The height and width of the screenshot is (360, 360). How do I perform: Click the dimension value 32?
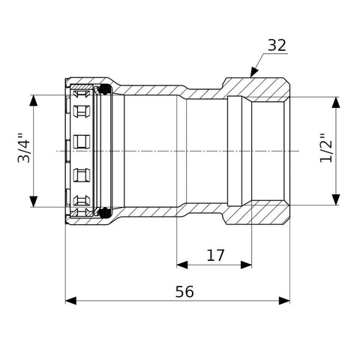coord(277,45)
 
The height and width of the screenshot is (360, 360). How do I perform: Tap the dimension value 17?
coord(215,255)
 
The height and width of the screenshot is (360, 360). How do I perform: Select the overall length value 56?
coord(184,292)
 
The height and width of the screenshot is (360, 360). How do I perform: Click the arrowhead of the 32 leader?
coord(253,72)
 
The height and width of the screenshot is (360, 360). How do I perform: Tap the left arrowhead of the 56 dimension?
coord(70,301)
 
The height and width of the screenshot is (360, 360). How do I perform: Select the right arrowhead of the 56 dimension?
coord(284,301)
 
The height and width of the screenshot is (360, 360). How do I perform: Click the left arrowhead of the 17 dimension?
coord(182,265)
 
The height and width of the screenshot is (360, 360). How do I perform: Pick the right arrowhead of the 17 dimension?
coord(246,265)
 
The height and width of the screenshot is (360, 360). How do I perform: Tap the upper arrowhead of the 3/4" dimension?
coord(34,100)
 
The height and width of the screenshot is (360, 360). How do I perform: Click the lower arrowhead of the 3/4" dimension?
coord(34,202)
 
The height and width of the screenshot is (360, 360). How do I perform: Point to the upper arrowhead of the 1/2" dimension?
coord(336,103)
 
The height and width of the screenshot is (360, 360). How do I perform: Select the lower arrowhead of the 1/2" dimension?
coord(336,199)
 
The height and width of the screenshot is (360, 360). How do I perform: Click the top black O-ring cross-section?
coord(105,89)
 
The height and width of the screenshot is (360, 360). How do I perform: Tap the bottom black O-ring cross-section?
coord(105,212)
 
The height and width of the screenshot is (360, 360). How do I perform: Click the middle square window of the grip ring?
coord(82,142)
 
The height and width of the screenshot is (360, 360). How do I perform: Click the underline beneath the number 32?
coord(274,53)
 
